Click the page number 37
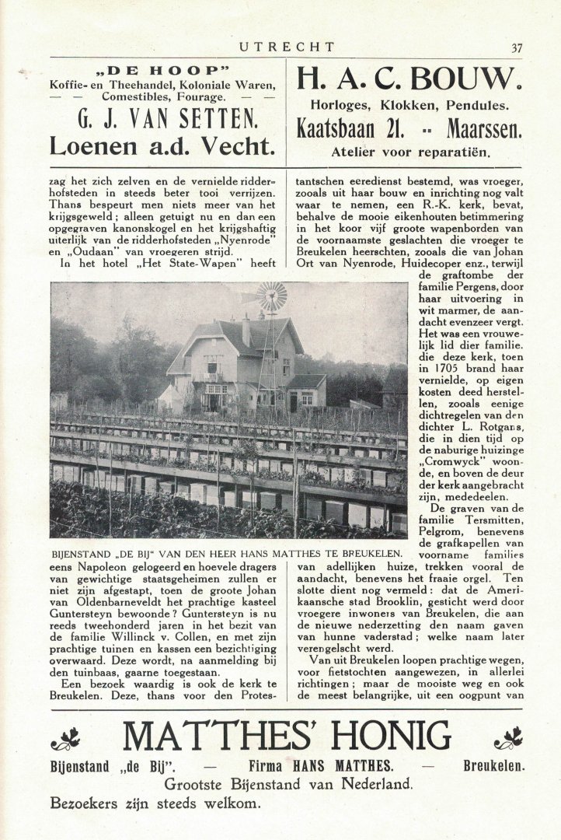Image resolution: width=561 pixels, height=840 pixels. pyautogui.click(x=517, y=47)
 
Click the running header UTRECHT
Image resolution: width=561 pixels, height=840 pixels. pyautogui.click(x=287, y=47)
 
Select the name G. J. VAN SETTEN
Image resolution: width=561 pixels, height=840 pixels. pyautogui.click(x=162, y=120)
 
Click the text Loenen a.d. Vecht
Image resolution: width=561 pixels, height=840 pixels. pyautogui.click(x=162, y=145)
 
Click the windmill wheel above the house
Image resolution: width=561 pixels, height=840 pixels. pyautogui.click(x=272, y=296)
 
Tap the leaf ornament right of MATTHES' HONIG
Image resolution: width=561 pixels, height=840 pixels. pyautogui.click(x=509, y=738)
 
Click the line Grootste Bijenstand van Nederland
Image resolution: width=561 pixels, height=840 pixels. pyautogui.click(x=287, y=784)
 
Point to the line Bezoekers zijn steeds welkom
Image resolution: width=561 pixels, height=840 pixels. pyautogui.click(x=155, y=803)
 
